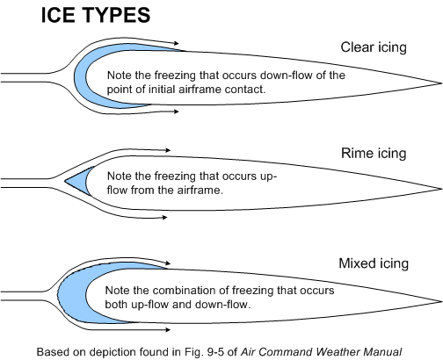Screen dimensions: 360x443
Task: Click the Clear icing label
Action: (375, 47)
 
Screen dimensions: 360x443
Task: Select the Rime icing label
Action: (374, 153)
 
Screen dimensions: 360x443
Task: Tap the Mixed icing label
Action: (374, 263)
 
